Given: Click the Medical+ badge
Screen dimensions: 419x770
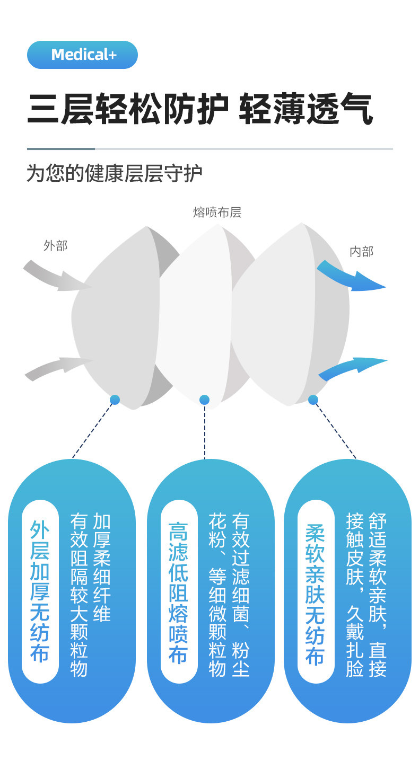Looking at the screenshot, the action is coord(82,55).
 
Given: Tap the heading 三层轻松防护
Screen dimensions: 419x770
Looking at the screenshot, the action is coord(127,110).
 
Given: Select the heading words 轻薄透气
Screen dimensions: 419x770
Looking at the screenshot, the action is coord(306,110).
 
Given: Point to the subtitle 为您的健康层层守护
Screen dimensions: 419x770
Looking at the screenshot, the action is coord(115,173).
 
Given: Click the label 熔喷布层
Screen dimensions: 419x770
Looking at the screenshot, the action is coord(217,213).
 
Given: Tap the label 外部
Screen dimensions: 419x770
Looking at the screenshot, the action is coord(55,245).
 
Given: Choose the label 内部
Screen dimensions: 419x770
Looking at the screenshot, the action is coord(361,251).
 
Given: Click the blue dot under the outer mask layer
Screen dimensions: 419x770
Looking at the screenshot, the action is coord(115,400).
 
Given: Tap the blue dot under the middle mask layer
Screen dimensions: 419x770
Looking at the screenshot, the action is coord(204,400).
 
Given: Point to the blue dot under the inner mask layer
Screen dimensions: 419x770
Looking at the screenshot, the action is coord(313,400).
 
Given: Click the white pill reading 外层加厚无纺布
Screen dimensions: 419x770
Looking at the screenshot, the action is coord(40,591).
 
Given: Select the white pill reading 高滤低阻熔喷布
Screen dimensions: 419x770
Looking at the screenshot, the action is coord(179,591).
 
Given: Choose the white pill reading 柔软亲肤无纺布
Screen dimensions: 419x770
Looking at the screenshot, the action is coord(316,591).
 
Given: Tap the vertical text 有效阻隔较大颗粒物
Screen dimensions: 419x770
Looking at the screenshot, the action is coord(79,594).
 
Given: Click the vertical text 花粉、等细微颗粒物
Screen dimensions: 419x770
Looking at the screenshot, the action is coord(217,594).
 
